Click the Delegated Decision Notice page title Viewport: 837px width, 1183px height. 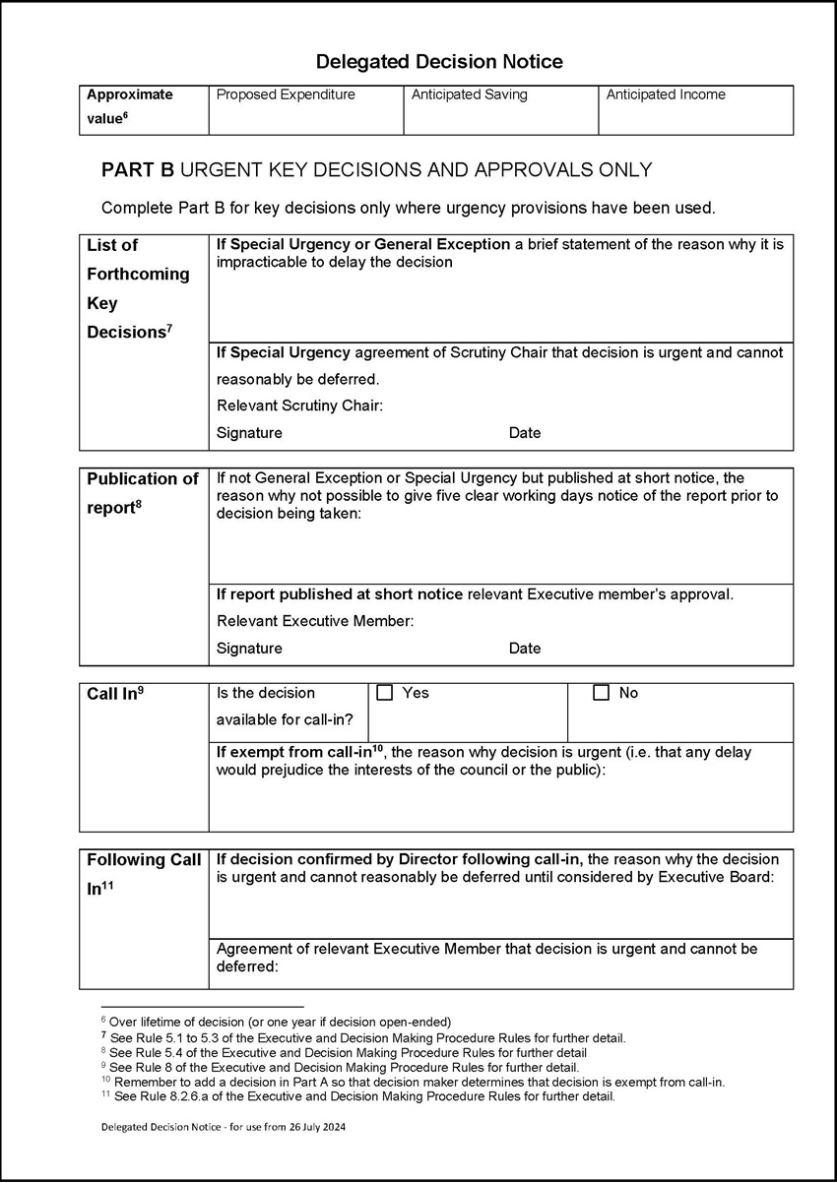point(439,62)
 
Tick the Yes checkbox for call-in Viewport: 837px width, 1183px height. point(385,693)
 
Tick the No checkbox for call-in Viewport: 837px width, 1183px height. point(602,693)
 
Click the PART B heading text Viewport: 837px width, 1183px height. point(376,170)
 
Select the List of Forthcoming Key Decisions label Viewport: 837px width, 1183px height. point(138,288)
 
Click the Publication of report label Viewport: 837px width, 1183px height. point(143,493)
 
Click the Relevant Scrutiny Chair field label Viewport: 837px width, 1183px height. point(299,405)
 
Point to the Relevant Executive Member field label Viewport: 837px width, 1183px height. point(315,621)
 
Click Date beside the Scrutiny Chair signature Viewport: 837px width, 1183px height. point(525,433)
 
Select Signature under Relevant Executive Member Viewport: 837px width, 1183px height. point(249,649)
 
